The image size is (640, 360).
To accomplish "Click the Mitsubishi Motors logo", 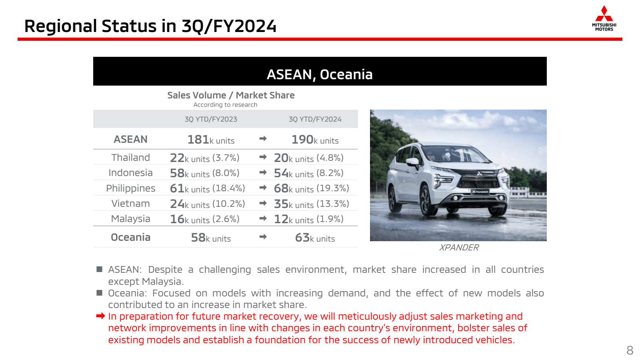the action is pos(604,18).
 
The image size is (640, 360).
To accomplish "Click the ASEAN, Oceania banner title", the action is pos(320,74).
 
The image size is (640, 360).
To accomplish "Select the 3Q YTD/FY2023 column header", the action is pos(211,119).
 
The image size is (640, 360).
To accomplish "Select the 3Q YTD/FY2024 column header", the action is pos(315,119).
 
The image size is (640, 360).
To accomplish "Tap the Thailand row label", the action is pos(130,158).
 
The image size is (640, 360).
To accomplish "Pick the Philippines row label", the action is pos(130,188).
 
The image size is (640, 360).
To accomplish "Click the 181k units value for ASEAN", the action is pos(211,140).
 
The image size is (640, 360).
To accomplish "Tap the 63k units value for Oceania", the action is pos(315,238).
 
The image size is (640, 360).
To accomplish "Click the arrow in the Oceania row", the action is pos(263,236).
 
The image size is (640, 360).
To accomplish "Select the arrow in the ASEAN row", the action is pos(263,138).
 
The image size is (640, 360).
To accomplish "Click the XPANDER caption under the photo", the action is pos(458,248).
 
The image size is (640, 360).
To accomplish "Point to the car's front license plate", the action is pos(480,192).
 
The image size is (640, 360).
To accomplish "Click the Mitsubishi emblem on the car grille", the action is pos(479,174).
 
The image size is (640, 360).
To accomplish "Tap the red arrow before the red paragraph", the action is pos(100,316).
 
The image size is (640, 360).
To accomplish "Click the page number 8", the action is pos(630,350).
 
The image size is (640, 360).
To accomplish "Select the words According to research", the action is pos(225,104).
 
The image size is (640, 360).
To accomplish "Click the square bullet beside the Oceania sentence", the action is pos(100,293).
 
